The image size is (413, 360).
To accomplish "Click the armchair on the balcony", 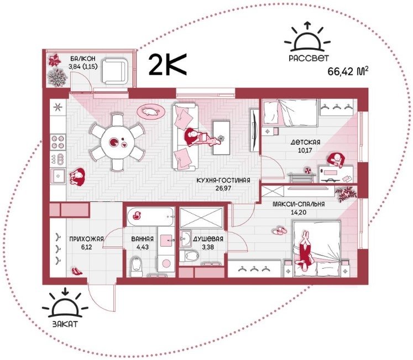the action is pos(115,71).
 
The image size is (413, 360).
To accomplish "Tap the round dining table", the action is pos(118,142).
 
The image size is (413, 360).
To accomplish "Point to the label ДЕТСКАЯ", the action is pos(306,142).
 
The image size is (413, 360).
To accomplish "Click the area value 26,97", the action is pos(223,189).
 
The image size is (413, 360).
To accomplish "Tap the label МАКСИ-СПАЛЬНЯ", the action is pos(299,204).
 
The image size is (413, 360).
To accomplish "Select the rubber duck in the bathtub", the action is pos(137,215).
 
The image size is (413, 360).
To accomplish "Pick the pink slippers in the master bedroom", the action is pos(280,231).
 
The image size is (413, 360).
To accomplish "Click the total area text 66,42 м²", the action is pos(347,71).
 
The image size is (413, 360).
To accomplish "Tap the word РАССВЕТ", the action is pos(309,58).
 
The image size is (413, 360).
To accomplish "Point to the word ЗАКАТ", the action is pos(65,324).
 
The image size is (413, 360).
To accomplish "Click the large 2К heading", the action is pos(168,65).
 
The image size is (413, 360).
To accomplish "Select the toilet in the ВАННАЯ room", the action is pos(136,266).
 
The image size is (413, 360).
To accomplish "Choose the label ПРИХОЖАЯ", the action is pos(86,239).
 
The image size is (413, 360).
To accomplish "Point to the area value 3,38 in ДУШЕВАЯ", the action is pos(207,247).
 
